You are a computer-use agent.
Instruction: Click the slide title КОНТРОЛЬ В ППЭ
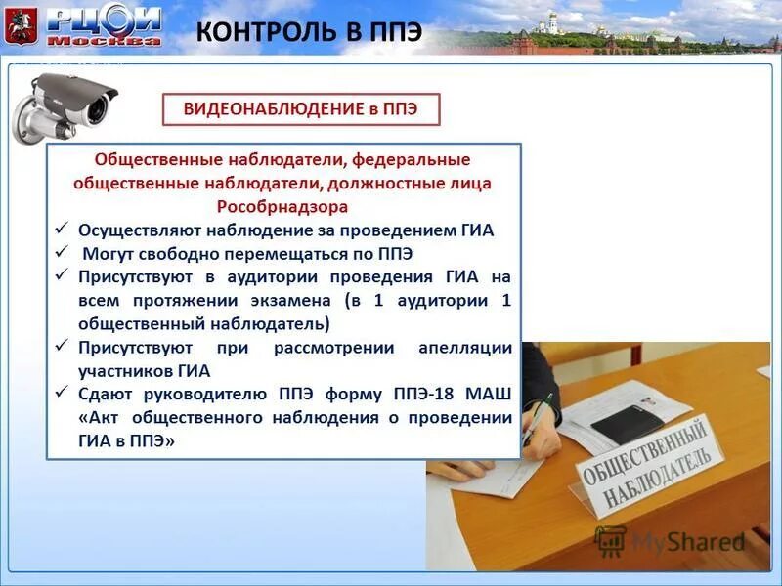click(x=310, y=30)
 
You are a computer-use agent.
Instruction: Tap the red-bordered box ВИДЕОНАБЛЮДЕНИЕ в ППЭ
click(x=301, y=109)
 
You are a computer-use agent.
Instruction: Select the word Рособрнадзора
click(x=282, y=207)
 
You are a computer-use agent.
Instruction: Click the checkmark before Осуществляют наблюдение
click(x=62, y=230)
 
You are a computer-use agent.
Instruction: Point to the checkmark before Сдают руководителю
click(x=62, y=393)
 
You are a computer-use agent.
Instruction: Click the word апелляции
click(x=465, y=347)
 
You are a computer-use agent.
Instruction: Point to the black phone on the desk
click(x=626, y=423)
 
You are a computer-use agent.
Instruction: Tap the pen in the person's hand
click(x=537, y=420)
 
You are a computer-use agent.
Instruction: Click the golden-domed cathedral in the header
click(x=554, y=23)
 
